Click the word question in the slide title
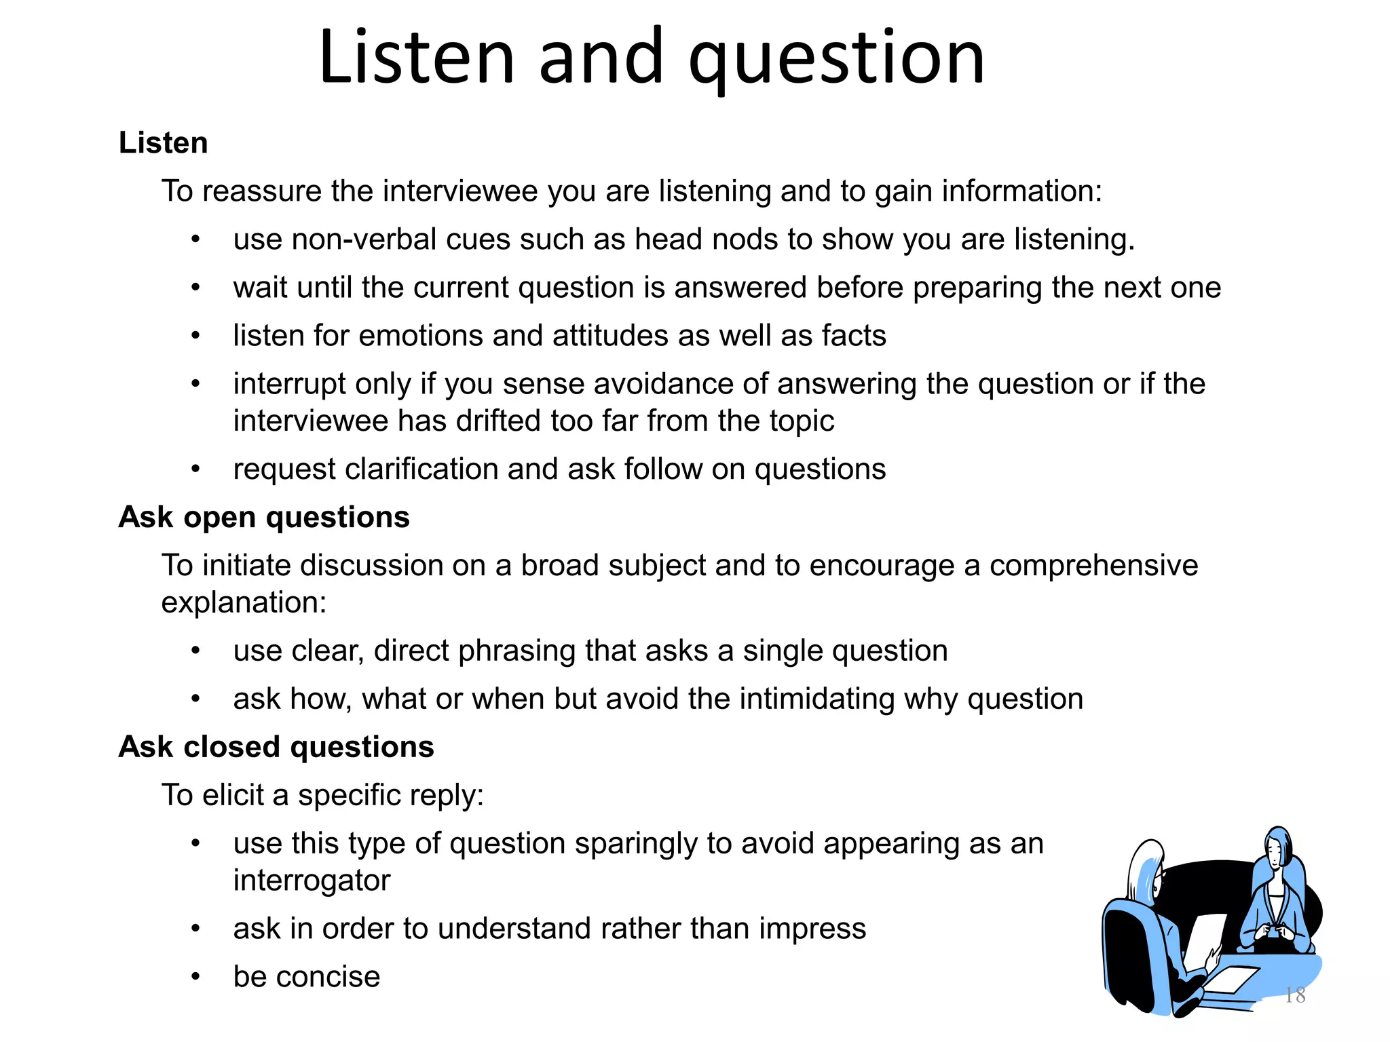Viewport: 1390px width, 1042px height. click(x=836, y=60)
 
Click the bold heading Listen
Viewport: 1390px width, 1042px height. click(x=163, y=143)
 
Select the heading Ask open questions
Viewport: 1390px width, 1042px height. click(x=264, y=517)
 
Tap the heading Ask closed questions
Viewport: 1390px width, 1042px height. click(x=276, y=747)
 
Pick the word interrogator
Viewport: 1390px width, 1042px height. click(x=312, y=881)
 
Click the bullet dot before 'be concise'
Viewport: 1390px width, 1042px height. click(x=195, y=977)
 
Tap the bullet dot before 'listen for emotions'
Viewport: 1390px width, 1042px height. click(x=195, y=336)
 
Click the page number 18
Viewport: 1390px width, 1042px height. click(x=1295, y=995)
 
